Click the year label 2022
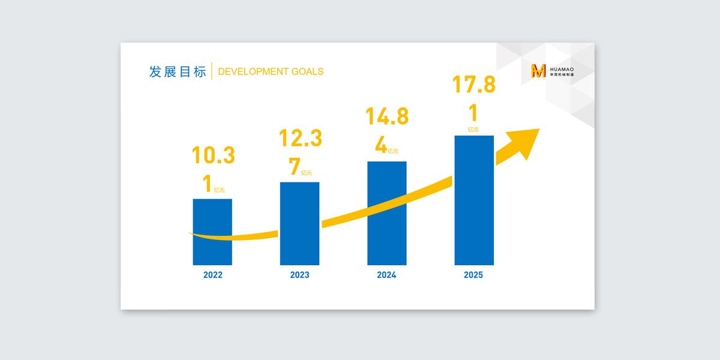(x=213, y=275)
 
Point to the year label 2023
(x=300, y=275)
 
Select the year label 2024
(x=387, y=275)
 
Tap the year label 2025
(x=473, y=275)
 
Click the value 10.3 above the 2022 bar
(x=213, y=155)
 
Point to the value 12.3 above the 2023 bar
(x=300, y=139)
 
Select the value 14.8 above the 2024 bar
(x=387, y=116)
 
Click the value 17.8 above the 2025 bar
(x=474, y=85)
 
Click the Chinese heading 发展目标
(x=177, y=71)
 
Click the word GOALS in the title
(x=308, y=72)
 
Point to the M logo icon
(x=539, y=71)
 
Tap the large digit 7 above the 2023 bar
(x=294, y=167)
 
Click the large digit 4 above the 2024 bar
(x=381, y=145)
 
